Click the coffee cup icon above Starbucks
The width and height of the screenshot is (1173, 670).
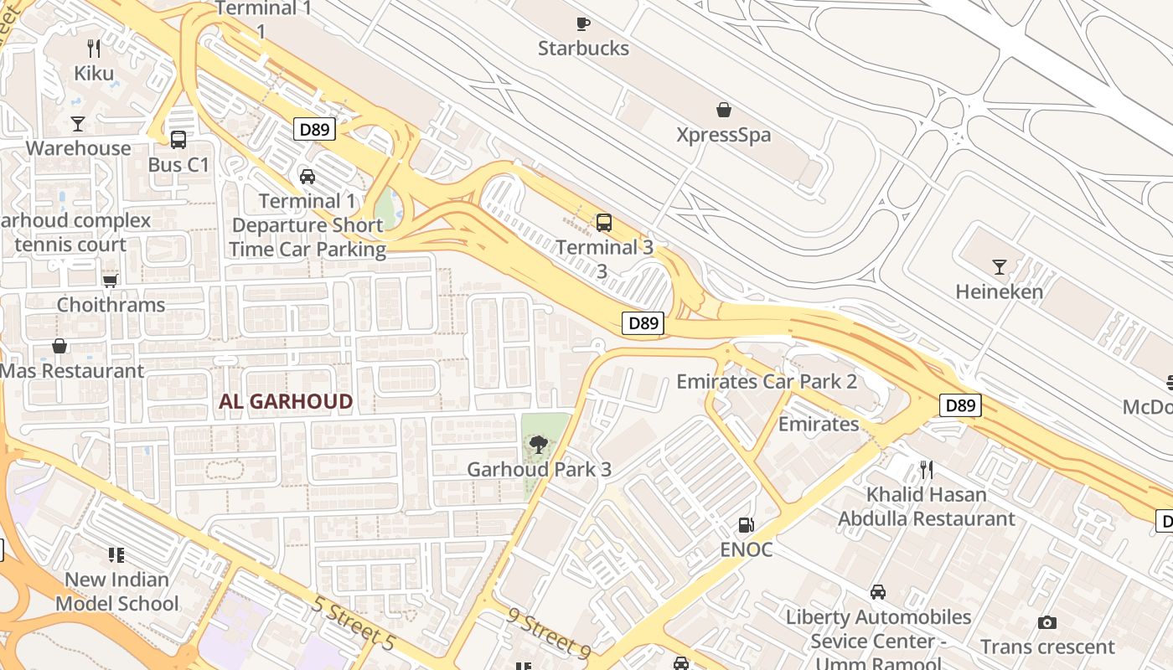583,23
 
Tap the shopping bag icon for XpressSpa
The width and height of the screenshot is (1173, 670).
723,110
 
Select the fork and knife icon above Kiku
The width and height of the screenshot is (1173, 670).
94,49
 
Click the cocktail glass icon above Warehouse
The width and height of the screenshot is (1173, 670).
78,124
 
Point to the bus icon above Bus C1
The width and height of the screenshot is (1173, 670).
178,140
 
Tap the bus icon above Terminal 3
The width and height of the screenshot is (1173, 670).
603,223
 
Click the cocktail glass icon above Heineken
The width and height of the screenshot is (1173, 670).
999,267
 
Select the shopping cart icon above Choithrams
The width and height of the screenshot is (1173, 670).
110,281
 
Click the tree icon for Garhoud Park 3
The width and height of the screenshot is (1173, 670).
539,445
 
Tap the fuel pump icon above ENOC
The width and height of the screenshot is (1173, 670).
745,525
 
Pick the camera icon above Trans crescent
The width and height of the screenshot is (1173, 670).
1046,622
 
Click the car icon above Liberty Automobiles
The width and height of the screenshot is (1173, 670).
877,592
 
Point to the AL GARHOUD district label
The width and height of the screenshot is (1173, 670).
286,402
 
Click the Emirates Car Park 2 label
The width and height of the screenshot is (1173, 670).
767,382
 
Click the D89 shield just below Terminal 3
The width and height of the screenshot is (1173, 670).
643,323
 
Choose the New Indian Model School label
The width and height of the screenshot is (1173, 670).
116,591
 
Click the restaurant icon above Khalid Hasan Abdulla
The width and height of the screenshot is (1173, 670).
926,469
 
